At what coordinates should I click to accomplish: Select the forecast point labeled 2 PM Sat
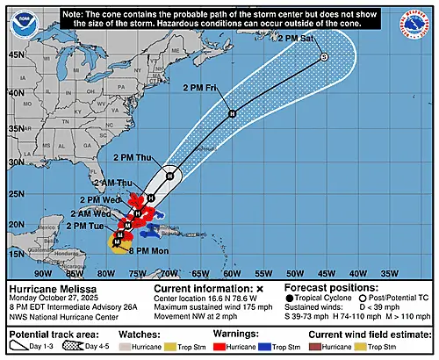[x=324, y=57]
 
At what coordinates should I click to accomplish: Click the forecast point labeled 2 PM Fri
[x=232, y=114]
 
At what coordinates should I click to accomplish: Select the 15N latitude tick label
[x=16, y=254]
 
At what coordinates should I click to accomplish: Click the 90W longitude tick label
[x=42, y=273]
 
